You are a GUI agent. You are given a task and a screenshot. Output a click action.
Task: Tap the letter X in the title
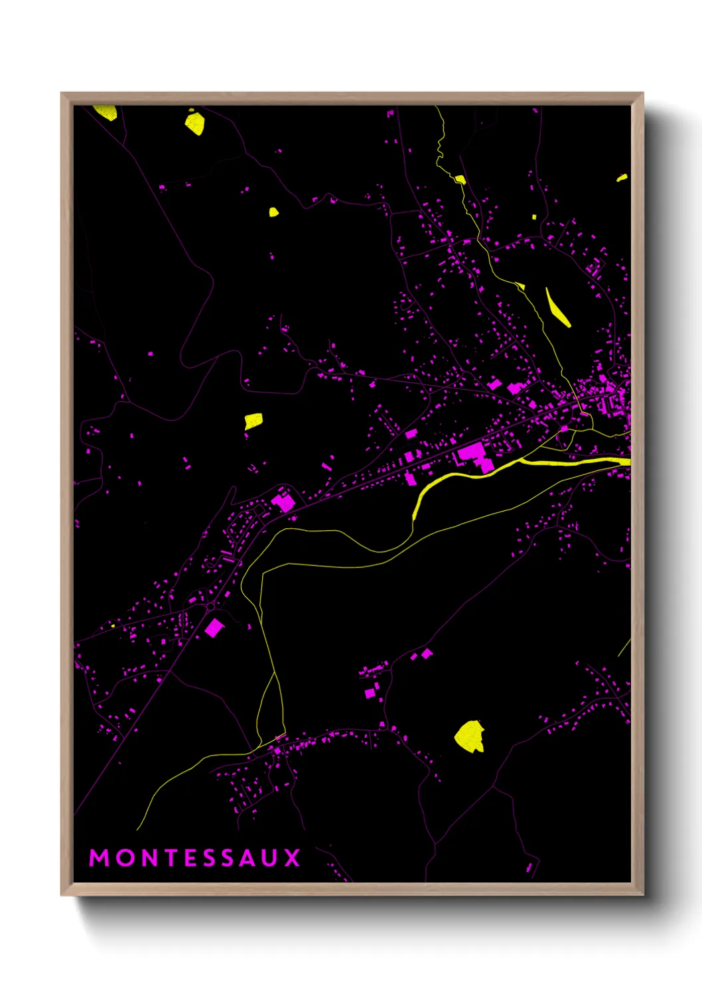point(293,857)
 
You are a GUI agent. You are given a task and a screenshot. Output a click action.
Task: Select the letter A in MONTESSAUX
point(248,857)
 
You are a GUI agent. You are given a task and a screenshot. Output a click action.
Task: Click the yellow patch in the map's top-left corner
point(106,112)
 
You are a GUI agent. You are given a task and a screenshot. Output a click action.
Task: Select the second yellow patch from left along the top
point(194,123)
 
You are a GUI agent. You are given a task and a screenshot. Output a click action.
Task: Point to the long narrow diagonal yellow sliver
point(557,307)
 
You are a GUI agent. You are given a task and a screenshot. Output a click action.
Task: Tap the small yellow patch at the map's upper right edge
point(622,178)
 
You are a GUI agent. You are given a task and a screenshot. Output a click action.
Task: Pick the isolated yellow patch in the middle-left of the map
point(253,421)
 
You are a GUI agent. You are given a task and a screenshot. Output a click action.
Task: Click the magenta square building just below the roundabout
point(214,628)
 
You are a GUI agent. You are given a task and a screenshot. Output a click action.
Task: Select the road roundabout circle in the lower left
point(211,606)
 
